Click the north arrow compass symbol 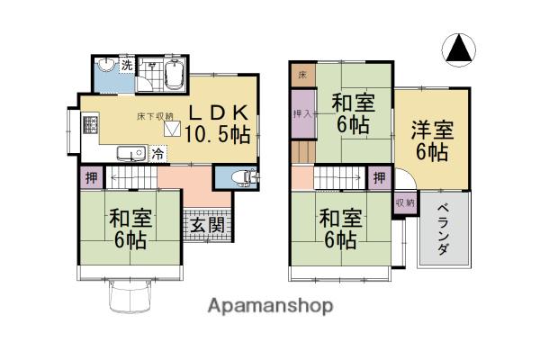pos(458,50)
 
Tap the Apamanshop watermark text pos(270,306)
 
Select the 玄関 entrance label pos(208,225)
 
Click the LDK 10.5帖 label pos(218,123)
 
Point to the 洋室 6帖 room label pos(432,140)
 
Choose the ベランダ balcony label pos(444,229)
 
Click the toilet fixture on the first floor pos(244,178)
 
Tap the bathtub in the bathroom pos(175,75)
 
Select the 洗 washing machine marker pos(127,65)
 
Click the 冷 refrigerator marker pos(158,153)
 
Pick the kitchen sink pos(131,154)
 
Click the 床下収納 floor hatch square pos(172,128)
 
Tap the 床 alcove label pos(302,75)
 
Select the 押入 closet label pos(302,113)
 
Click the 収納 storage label pos(405,202)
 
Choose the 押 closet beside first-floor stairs pos(92,178)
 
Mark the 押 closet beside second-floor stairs pos(379,178)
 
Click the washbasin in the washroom pos(106,64)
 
